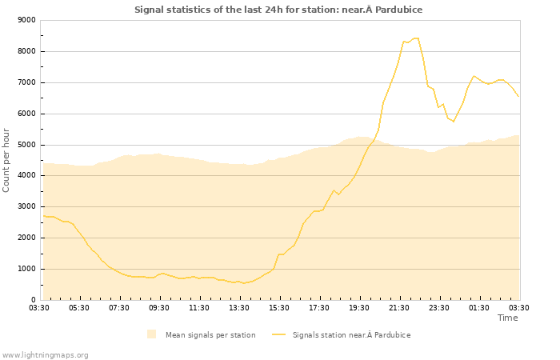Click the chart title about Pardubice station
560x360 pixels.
click(x=278, y=10)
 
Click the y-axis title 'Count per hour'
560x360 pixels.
click(x=6, y=160)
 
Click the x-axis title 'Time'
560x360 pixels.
click(x=507, y=318)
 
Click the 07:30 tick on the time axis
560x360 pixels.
click(x=119, y=307)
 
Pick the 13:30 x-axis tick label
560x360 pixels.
click(x=239, y=307)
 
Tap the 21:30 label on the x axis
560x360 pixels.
click(x=399, y=307)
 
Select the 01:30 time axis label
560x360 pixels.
click(x=479, y=307)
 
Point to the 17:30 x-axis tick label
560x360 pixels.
click(x=319, y=307)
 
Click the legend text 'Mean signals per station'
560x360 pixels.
click(x=210, y=334)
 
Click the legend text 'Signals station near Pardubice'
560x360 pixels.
click(x=351, y=334)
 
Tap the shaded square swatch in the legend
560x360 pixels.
click(x=152, y=334)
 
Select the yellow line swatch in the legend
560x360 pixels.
click(x=279, y=334)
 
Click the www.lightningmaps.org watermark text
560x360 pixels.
click(x=46, y=354)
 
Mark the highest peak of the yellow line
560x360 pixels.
click(x=416, y=38)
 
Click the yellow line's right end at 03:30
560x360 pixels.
click(x=519, y=98)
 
